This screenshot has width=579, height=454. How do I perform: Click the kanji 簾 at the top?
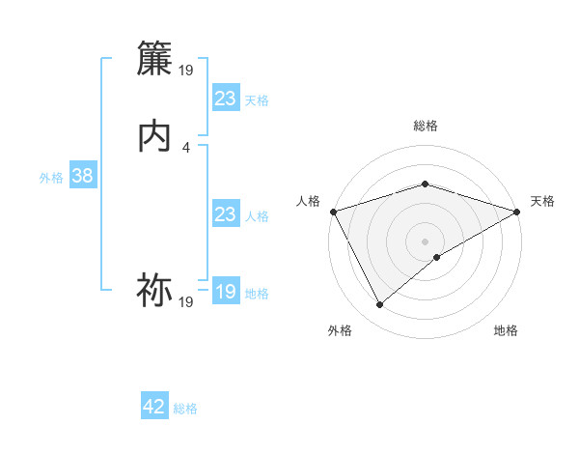point(155,58)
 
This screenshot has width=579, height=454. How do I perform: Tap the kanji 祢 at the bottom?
point(155,290)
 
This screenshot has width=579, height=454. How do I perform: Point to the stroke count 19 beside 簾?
point(186,70)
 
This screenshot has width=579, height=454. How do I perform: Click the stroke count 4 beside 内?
point(186,147)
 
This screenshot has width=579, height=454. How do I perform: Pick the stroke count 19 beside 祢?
point(186,302)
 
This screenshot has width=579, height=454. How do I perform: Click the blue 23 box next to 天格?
point(225,99)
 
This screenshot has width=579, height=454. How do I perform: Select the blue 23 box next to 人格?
point(225,214)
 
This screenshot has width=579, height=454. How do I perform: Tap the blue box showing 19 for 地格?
point(225,292)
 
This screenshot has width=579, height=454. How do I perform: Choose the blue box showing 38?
point(82,176)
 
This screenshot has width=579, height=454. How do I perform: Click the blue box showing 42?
point(154,407)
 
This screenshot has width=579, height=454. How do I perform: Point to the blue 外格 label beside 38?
point(51,178)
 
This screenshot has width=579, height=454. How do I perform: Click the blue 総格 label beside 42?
point(185,409)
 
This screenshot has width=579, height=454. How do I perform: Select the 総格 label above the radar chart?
point(425,126)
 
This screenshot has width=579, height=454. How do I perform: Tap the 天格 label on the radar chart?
point(543,201)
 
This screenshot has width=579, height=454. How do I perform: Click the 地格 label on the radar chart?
point(506,330)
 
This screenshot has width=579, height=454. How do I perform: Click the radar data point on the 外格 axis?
point(379,305)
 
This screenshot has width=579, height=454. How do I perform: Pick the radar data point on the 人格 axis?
point(333,212)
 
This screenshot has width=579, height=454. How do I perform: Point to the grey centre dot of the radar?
point(425,241)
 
